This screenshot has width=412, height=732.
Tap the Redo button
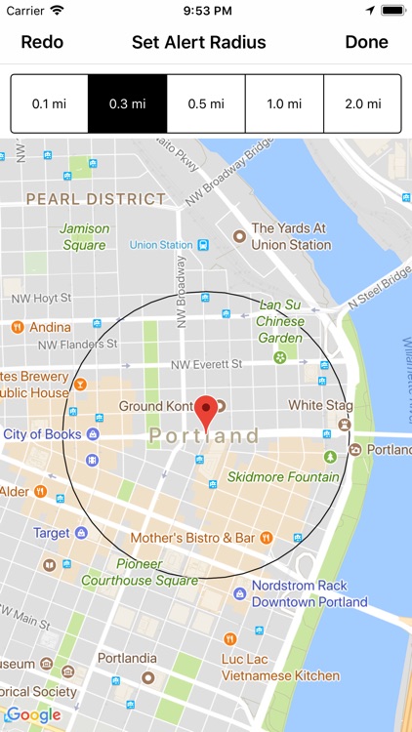tap(42, 42)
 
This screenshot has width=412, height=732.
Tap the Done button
tap(366, 42)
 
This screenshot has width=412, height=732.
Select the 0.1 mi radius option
tap(49, 103)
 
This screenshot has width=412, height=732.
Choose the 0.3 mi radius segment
tap(127, 103)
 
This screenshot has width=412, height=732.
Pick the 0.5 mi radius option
tap(205, 103)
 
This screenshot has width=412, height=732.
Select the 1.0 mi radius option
tap(283, 103)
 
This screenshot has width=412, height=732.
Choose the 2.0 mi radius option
tap(362, 103)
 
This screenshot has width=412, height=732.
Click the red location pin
tap(206, 411)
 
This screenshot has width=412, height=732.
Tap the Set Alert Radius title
tap(199, 42)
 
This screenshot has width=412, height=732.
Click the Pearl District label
tap(96, 199)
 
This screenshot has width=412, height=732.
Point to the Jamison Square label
tap(84, 237)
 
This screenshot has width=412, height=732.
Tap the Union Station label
tap(161, 245)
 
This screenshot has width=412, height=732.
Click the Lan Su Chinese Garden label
tap(280, 321)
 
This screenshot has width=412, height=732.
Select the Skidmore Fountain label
tap(283, 477)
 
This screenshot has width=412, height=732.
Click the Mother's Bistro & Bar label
tap(192, 538)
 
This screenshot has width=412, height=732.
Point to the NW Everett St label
tap(206, 365)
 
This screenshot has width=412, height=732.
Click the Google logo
tap(33, 715)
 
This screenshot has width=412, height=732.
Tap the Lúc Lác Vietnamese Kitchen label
tap(293, 668)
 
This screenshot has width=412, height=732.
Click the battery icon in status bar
tap(392, 10)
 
